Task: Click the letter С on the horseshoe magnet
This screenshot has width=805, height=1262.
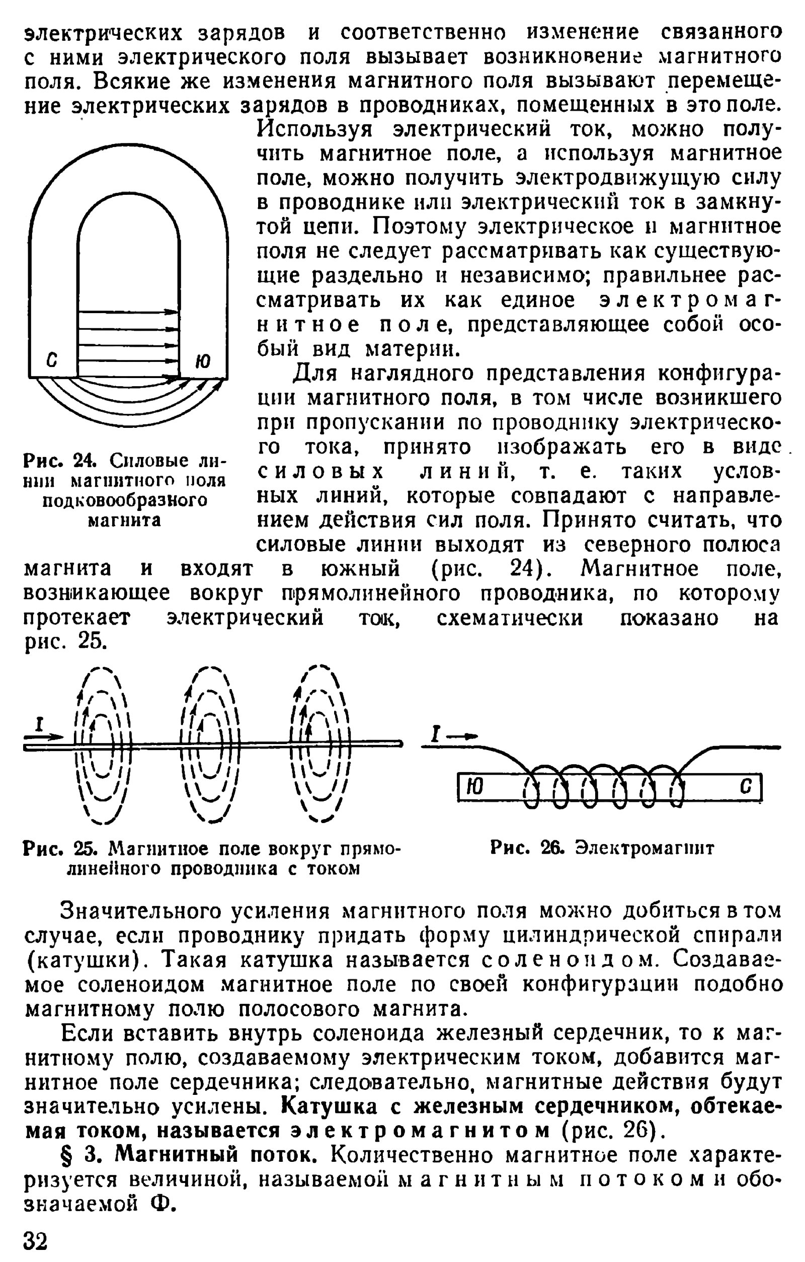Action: click(x=51, y=361)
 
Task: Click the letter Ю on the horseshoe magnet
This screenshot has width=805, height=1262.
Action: click(x=203, y=361)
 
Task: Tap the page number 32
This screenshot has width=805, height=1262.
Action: click(x=36, y=1240)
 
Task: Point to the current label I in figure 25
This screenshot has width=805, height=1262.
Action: click(x=38, y=725)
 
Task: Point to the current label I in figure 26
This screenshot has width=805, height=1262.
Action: click(x=434, y=734)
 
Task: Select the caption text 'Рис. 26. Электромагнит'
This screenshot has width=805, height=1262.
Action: click(x=602, y=848)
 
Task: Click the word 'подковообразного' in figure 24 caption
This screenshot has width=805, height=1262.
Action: click(x=125, y=500)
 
